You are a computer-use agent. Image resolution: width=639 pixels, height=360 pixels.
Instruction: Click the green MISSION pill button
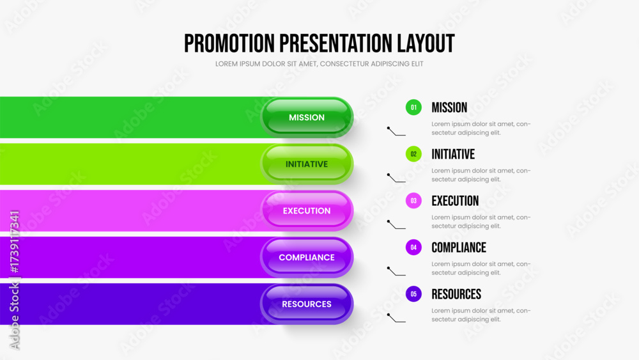click(x=307, y=118)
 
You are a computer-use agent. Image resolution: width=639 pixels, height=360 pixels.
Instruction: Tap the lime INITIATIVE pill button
click(x=307, y=164)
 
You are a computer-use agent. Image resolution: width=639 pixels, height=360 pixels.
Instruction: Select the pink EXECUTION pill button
click(x=307, y=211)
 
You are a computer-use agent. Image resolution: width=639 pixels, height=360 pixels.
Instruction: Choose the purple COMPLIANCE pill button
click(x=307, y=257)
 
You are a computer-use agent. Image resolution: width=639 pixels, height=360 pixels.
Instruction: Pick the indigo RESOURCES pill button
click(x=307, y=304)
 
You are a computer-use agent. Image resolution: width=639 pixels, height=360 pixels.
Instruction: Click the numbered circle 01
click(x=413, y=107)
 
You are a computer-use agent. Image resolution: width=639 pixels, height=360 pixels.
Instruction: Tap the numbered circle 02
click(x=413, y=154)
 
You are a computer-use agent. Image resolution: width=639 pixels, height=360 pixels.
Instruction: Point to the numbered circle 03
click(x=413, y=201)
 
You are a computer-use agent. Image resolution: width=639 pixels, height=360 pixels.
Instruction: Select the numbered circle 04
click(x=413, y=247)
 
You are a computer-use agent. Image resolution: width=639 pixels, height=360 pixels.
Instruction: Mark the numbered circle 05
click(x=413, y=294)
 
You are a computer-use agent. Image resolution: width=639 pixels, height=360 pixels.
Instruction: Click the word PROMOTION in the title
click(x=229, y=43)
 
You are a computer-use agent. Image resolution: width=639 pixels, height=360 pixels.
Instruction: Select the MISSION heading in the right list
click(x=449, y=107)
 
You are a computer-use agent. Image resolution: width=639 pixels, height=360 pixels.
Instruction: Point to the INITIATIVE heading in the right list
click(x=453, y=154)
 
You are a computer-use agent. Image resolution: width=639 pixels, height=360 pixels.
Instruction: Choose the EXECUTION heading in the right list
click(x=455, y=201)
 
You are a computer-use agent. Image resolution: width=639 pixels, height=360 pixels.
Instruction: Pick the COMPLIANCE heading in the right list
click(x=459, y=247)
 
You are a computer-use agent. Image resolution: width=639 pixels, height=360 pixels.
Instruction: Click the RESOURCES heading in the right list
click(x=456, y=294)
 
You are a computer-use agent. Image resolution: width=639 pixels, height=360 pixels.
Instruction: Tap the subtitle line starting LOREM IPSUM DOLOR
click(x=319, y=64)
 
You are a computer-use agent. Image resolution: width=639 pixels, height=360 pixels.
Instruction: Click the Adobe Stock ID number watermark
click(x=15, y=242)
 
